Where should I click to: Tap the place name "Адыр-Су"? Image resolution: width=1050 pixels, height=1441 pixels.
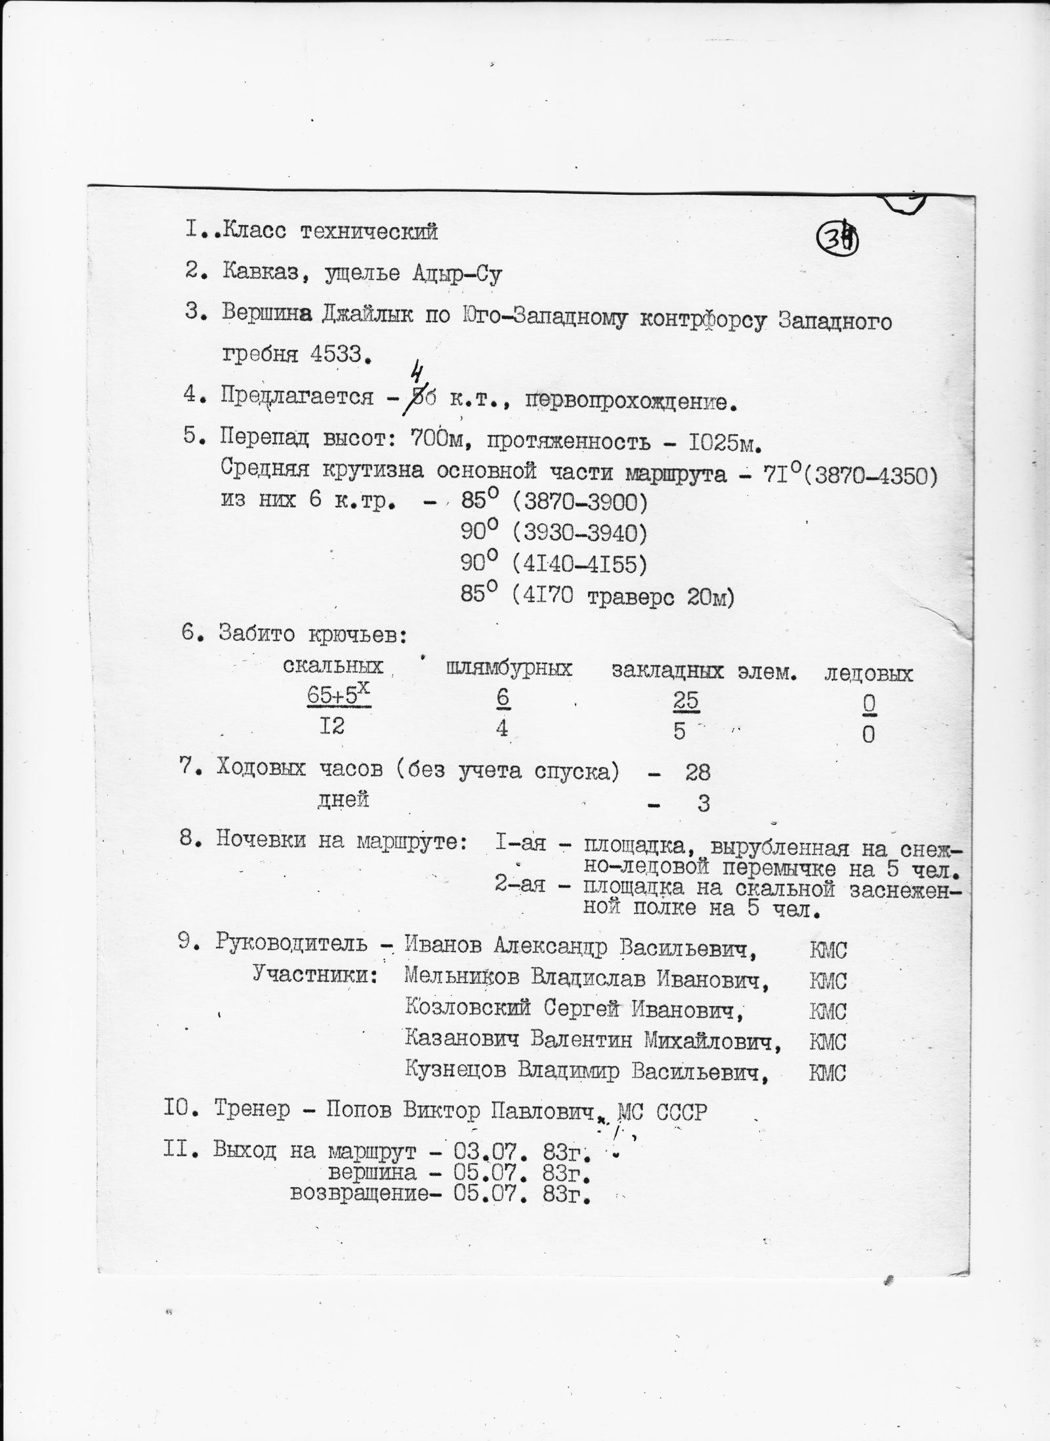457,274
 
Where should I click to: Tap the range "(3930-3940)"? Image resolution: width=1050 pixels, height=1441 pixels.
578,533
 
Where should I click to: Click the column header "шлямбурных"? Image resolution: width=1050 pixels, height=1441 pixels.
509,669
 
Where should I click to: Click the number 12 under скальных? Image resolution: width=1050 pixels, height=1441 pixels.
333,728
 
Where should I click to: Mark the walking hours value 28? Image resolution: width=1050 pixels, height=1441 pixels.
697,772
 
